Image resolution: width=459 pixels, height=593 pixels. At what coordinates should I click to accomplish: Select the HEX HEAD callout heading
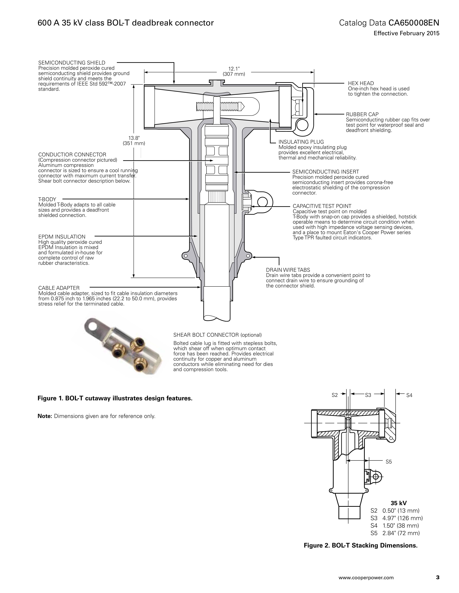click(x=361, y=83)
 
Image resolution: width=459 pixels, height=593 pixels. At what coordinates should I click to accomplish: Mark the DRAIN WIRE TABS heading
click(x=288, y=270)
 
